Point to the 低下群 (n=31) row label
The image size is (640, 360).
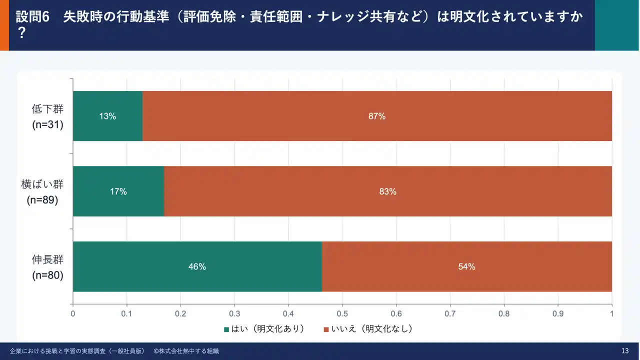[x=47, y=116]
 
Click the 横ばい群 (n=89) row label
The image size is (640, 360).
[x=45, y=191]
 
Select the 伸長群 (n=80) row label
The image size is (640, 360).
[x=47, y=266]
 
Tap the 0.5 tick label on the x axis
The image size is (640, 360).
[x=342, y=314]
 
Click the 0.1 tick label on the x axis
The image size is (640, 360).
[x=127, y=314]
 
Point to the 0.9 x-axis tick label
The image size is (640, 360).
[x=558, y=314]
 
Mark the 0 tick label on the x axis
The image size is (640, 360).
[x=73, y=314]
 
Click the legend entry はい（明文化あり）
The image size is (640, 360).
[x=264, y=329]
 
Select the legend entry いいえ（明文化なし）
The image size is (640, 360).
[x=368, y=329]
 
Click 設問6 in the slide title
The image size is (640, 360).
[x=33, y=16]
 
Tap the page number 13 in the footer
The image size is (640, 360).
[x=624, y=351]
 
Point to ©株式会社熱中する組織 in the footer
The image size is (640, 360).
[x=186, y=351]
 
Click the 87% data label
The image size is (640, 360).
[x=377, y=116]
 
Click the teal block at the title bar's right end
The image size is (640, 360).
[x=616, y=25]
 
